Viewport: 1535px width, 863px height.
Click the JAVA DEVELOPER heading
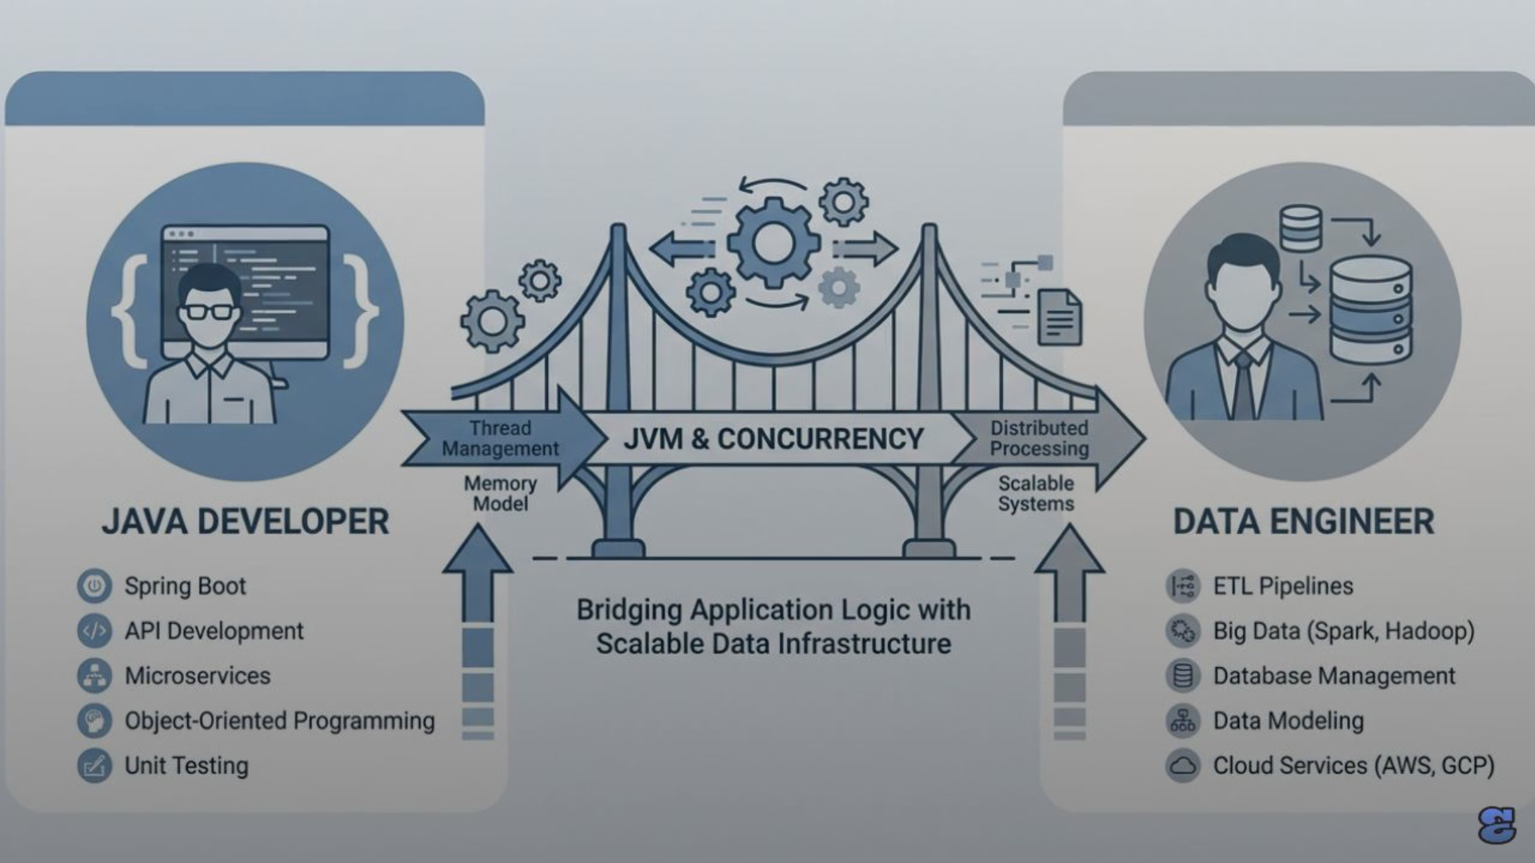point(245,521)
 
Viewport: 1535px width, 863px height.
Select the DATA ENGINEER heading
point(1303,521)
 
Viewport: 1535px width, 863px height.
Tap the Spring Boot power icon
point(94,586)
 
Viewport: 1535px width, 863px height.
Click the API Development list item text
point(214,631)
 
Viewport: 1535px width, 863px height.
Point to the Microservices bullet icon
point(94,676)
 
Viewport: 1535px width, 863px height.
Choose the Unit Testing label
point(186,765)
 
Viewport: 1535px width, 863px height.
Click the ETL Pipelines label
point(1282,586)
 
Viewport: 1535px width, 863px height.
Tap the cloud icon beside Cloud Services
point(1182,765)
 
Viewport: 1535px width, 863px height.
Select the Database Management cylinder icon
point(1182,676)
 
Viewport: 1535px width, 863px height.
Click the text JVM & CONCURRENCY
point(773,438)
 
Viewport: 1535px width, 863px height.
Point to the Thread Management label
point(500,438)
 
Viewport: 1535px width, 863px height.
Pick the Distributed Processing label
point(1039,438)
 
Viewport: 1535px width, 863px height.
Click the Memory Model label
point(500,493)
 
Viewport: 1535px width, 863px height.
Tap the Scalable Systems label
point(1036,493)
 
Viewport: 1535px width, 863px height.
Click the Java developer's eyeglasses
point(209,311)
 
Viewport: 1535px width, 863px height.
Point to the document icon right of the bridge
point(1059,318)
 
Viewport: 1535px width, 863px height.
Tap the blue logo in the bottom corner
point(1496,825)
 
